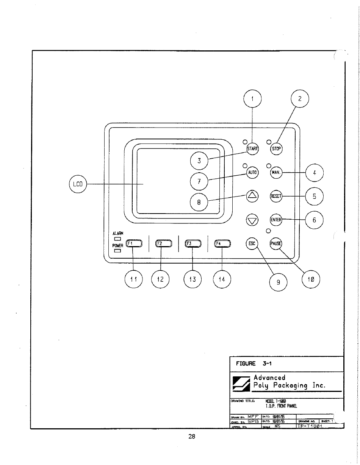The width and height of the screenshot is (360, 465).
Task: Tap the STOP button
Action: (x=277, y=148)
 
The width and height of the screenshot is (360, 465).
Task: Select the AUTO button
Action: (x=252, y=172)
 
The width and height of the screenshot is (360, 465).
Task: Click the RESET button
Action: (x=276, y=196)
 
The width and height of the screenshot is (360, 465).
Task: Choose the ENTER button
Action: (x=276, y=220)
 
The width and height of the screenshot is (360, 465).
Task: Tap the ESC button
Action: (x=252, y=243)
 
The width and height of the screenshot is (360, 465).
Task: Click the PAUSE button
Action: (x=276, y=243)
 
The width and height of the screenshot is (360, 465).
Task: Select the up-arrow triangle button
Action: (x=252, y=196)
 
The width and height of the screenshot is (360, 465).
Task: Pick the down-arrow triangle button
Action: (x=252, y=220)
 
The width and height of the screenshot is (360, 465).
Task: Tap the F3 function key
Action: (x=193, y=243)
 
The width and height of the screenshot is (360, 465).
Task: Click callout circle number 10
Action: (x=311, y=280)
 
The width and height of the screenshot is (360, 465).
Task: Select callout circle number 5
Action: (x=315, y=197)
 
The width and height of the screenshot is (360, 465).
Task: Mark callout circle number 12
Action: (x=161, y=280)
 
